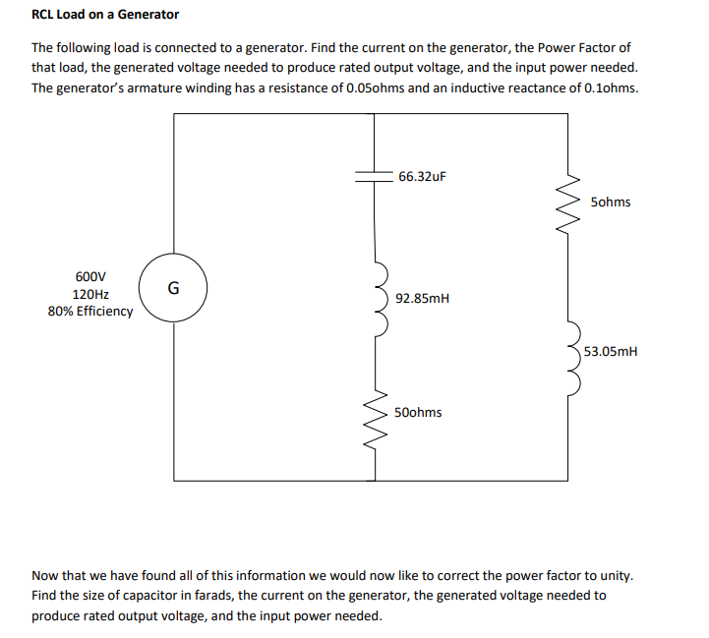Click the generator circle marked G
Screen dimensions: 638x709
click(x=173, y=288)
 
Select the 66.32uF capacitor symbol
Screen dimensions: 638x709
click(x=375, y=176)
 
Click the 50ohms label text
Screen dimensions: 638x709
click(x=418, y=412)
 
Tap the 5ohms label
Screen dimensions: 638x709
click(x=612, y=203)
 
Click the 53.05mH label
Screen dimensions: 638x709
click(x=611, y=350)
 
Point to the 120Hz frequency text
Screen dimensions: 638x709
click(x=90, y=294)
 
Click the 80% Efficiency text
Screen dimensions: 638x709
click(x=90, y=311)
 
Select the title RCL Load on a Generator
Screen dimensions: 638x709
click(x=105, y=15)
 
